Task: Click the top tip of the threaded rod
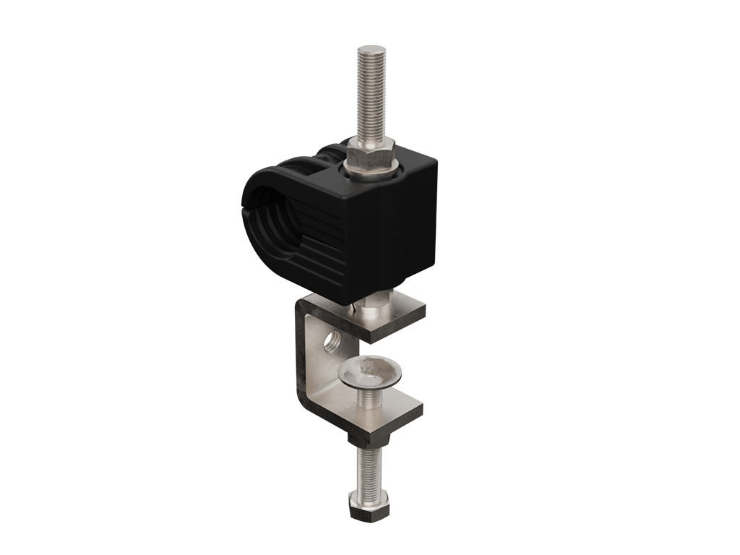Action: coord(371,48)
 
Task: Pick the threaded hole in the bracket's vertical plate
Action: coord(333,338)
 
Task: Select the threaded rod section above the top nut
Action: coord(371,94)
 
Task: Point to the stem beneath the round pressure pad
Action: coord(371,397)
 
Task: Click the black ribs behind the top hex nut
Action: coord(332,155)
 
